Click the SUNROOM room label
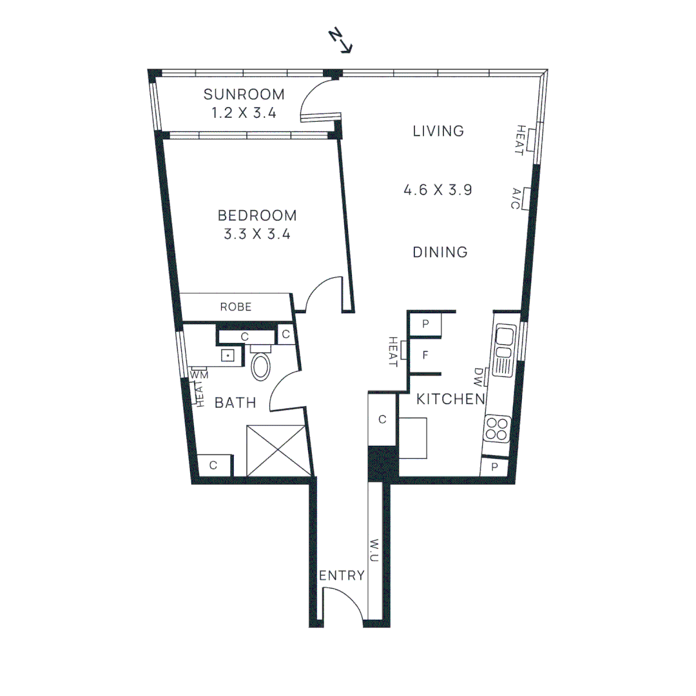(x=244, y=95)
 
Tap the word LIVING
(x=438, y=131)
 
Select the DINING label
(x=440, y=252)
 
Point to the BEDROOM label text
(x=257, y=215)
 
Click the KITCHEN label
(x=450, y=400)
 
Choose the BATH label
(x=235, y=403)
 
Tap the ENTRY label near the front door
(x=342, y=575)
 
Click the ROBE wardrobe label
(x=236, y=307)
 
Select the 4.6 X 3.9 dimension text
(x=438, y=190)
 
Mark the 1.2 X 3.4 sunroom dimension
(x=244, y=113)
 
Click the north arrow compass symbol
(x=341, y=40)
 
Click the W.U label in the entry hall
(x=374, y=548)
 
